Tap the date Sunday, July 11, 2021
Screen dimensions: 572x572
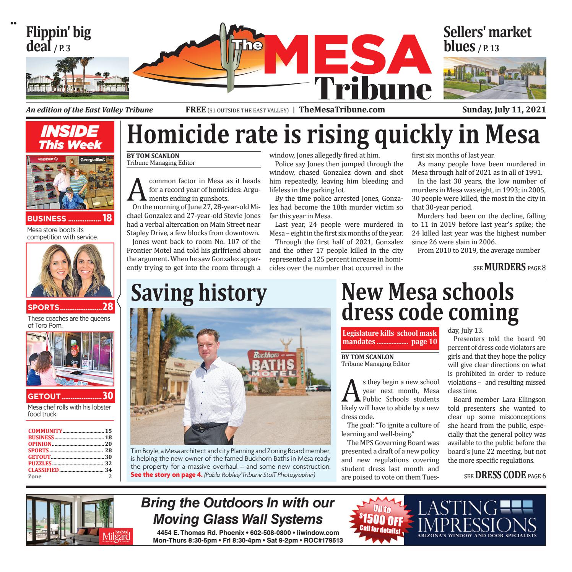504,110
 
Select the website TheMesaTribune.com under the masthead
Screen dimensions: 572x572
342,110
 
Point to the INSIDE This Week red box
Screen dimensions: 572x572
70,137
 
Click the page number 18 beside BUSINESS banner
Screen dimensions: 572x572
107,219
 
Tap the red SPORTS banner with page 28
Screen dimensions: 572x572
70,307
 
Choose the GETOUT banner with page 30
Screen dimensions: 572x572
70,396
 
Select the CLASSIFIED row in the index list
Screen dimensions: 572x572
70,470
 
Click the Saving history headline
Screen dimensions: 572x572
198,294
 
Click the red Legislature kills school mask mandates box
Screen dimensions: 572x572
390,337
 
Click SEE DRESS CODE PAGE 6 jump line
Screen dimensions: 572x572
504,476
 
